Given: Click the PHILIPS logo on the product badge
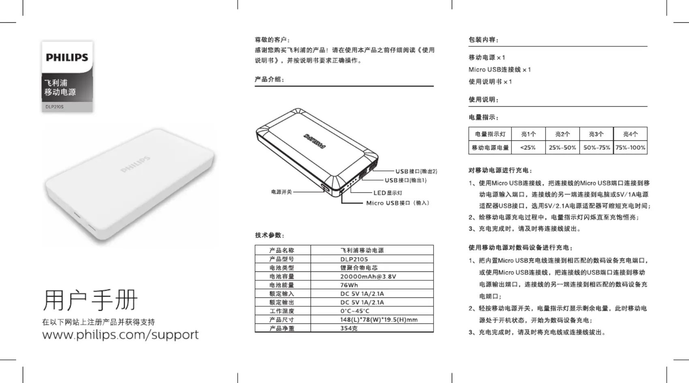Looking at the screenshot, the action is tap(67, 58).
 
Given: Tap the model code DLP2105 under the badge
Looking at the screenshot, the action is tap(54, 107).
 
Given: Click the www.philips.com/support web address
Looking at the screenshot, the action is tap(120, 335).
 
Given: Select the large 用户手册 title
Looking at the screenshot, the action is tap(90, 300).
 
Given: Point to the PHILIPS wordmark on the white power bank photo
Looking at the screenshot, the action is tap(135, 164).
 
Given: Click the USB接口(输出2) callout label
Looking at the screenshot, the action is tap(416, 171).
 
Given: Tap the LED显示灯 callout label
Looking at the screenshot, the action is tap(388, 193).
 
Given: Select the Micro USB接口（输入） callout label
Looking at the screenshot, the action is tap(398, 203).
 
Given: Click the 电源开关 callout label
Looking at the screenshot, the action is tap(281, 192).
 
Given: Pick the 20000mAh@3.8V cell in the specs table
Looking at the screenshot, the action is tap(368, 277).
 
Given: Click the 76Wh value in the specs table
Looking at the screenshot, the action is tap(349, 285).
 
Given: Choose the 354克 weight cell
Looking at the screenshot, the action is tap(349, 328).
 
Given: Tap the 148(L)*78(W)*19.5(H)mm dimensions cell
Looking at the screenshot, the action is tap(379, 320).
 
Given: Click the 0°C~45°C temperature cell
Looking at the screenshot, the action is tap(355, 311).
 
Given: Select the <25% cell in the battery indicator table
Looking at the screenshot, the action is tap(528, 147).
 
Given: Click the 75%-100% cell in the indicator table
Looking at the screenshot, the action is tap(630, 147).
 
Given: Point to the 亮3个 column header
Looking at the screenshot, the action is tap(597, 134).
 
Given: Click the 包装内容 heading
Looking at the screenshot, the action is tap(483, 40).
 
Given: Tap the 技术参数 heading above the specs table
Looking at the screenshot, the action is tap(270, 235).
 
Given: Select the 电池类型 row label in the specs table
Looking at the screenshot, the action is tap(282, 268).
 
